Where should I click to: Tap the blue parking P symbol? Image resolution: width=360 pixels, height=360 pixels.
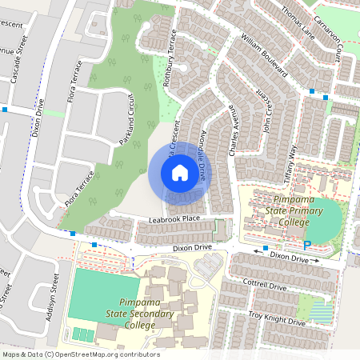point(306,246)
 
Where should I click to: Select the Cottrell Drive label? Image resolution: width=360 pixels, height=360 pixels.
point(266,286)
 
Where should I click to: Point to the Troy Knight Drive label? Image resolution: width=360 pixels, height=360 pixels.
point(277,318)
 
